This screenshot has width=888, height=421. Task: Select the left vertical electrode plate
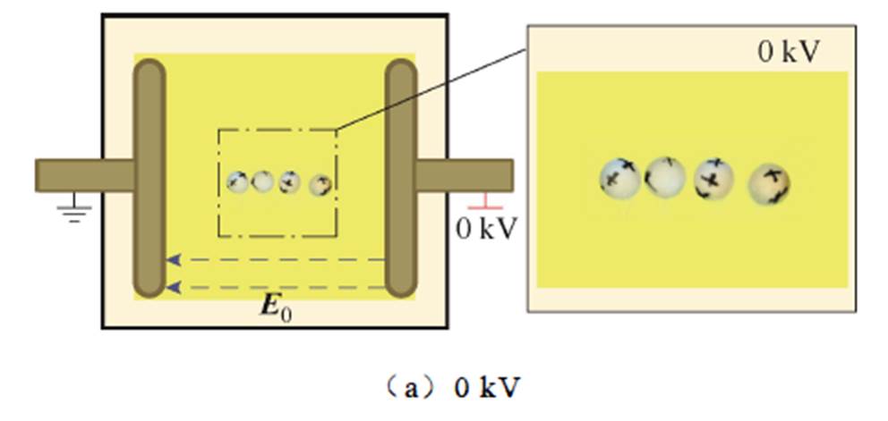pyautogui.click(x=149, y=179)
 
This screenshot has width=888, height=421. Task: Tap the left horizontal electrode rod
pyautogui.click(x=85, y=174)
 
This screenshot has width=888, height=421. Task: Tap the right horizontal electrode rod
pyautogui.click(x=465, y=174)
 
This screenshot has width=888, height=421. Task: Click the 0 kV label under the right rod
pyautogui.click(x=486, y=229)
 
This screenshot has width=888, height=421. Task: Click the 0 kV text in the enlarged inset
pyautogui.click(x=788, y=52)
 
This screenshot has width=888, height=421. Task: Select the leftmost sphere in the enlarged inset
pyautogui.click(x=620, y=177)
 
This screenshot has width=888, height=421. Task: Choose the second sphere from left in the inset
pyautogui.click(x=665, y=177)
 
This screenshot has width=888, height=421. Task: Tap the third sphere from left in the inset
pyautogui.click(x=713, y=177)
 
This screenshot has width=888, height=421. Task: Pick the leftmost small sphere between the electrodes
pyautogui.click(x=238, y=181)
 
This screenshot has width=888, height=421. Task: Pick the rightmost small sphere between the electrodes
pyautogui.click(x=320, y=185)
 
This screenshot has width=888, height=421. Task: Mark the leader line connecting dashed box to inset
pyautogui.click(x=430, y=89)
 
